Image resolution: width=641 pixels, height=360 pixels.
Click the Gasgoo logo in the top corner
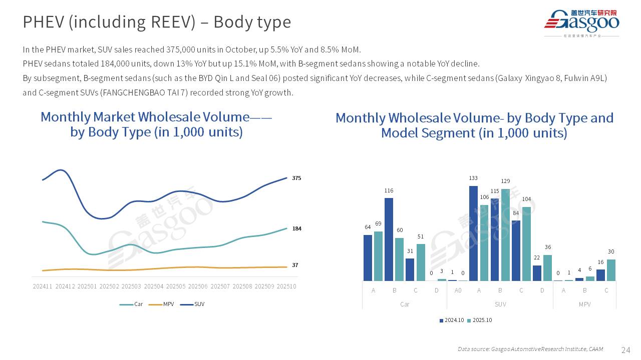coord(581,22)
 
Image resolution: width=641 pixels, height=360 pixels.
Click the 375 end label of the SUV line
coord(296,178)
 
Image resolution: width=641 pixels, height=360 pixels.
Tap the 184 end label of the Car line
coord(296,228)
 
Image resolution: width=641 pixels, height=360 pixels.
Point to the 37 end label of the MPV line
coord(295,265)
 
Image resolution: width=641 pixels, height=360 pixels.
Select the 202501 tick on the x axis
coord(87,286)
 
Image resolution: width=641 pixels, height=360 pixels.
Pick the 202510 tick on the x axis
coord(286,286)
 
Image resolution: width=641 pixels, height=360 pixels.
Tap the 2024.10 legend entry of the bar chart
coord(452,320)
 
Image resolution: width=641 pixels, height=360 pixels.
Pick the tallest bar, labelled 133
coord(473,233)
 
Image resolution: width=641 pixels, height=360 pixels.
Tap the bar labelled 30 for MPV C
coord(611,270)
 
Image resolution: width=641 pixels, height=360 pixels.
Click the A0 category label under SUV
coord(458,290)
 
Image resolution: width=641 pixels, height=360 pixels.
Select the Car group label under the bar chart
coord(405,304)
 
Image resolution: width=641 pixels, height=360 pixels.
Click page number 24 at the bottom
coord(625,349)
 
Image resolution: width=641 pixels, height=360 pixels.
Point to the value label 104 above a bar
coord(526,199)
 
